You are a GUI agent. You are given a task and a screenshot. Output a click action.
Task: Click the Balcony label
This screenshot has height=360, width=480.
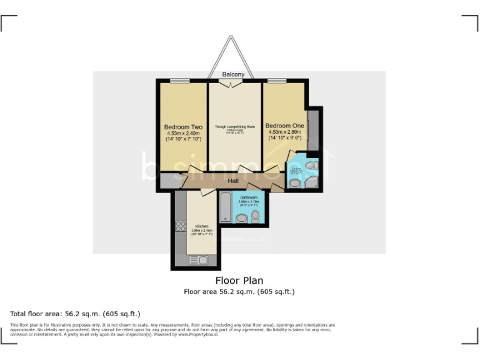coord(233,75)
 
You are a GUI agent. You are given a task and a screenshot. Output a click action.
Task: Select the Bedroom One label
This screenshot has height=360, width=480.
coord(284,126)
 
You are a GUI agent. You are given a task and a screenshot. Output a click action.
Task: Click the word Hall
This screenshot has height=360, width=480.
coord(233,181)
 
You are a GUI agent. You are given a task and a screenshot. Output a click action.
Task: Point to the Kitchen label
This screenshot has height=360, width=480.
coord(201,226)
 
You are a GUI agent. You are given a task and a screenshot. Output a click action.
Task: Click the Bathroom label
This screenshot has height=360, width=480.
coord(249,197)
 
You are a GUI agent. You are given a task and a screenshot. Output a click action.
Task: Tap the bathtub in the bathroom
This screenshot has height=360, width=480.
coord(225,207)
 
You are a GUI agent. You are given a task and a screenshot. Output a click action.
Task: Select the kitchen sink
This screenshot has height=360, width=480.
coord(201,259)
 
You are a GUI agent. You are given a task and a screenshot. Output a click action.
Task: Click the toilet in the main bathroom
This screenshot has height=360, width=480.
coord(255,216)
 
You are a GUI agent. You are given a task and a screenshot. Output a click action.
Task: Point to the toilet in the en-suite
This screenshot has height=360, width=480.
coord(311,166)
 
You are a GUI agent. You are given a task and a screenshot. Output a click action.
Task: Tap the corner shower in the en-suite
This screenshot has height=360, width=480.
coord(311,182)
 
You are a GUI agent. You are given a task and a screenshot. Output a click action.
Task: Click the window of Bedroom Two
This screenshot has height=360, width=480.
coord(181,80)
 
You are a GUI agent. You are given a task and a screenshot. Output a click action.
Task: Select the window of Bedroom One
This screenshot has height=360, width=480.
coord(277,80)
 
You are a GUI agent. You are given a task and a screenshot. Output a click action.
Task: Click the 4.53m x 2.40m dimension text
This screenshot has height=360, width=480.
coord(183,133)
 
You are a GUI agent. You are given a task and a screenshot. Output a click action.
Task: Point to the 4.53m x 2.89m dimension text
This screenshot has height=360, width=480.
coord(284,132)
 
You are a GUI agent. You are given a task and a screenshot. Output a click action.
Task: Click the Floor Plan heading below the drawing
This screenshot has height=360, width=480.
coord(239,281)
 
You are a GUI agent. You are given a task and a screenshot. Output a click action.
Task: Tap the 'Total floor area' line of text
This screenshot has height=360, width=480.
coord(76,314)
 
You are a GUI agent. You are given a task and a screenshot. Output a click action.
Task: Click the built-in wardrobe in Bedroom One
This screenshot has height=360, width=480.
coord(312,129)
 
